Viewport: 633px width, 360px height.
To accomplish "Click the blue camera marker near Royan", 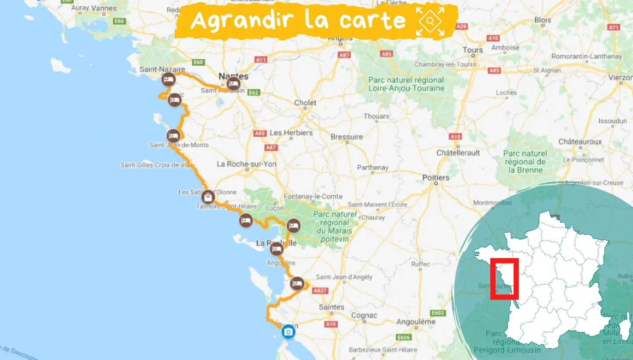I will click(288, 332).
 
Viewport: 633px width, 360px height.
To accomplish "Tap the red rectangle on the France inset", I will click(504, 279).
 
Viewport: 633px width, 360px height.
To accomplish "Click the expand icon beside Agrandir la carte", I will click(431, 21).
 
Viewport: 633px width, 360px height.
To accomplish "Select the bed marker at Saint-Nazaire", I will click(168, 80).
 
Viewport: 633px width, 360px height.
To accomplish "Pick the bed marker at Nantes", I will click(234, 83).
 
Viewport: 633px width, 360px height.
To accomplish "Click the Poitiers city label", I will click(435, 177).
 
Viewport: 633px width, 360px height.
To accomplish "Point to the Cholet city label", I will click(305, 103).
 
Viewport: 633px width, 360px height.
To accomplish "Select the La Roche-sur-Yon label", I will click(247, 164).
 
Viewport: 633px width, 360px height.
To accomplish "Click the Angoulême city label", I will click(416, 322).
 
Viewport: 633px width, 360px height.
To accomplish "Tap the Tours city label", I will click(473, 50).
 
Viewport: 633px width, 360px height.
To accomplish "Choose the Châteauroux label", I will click(580, 142).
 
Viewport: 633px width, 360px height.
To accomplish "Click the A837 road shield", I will click(320, 290).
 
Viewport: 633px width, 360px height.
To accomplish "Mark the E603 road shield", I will click(438, 313).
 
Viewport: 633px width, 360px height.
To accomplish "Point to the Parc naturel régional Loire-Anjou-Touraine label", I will click(406, 84).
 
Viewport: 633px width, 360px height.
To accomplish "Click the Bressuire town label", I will click(347, 137).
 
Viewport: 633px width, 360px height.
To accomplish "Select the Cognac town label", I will click(364, 315).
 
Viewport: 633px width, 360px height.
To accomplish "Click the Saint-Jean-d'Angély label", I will click(344, 277).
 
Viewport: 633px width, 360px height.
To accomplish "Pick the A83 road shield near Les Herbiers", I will click(259, 133).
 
